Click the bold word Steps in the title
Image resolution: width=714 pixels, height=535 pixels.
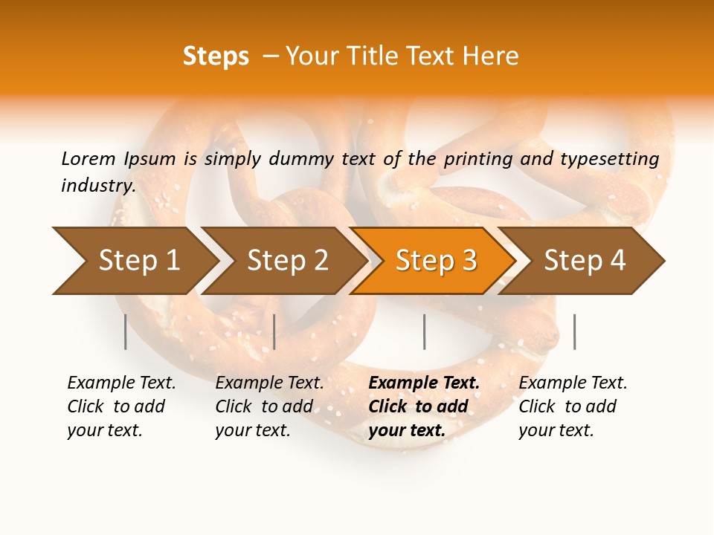(216, 56)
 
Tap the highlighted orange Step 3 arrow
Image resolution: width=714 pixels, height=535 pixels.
(436, 261)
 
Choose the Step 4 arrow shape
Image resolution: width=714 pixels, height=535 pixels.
(585, 261)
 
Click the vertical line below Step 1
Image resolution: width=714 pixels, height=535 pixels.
(126, 331)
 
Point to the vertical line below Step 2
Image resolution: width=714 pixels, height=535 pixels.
(274, 331)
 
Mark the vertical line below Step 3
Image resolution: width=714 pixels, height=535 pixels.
(424, 331)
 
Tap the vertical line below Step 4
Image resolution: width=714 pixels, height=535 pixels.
(574, 331)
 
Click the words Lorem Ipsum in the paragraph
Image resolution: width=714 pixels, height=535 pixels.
(118, 159)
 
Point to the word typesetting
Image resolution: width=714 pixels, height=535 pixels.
(609, 159)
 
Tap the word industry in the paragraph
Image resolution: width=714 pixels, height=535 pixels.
(97, 186)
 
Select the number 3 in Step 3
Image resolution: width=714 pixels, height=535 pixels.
(469, 261)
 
